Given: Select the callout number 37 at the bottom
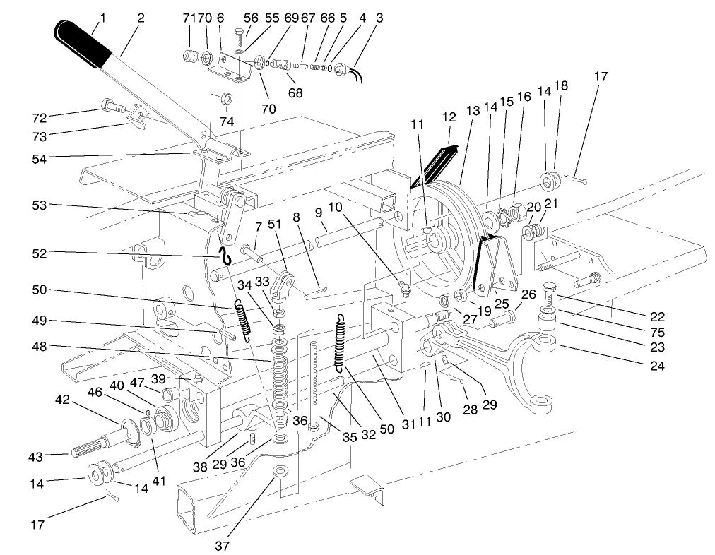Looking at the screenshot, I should point(231,544).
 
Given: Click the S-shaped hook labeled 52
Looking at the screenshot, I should point(225,257).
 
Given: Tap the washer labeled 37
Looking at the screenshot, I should point(280,470).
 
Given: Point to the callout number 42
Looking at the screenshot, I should point(64,399).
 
